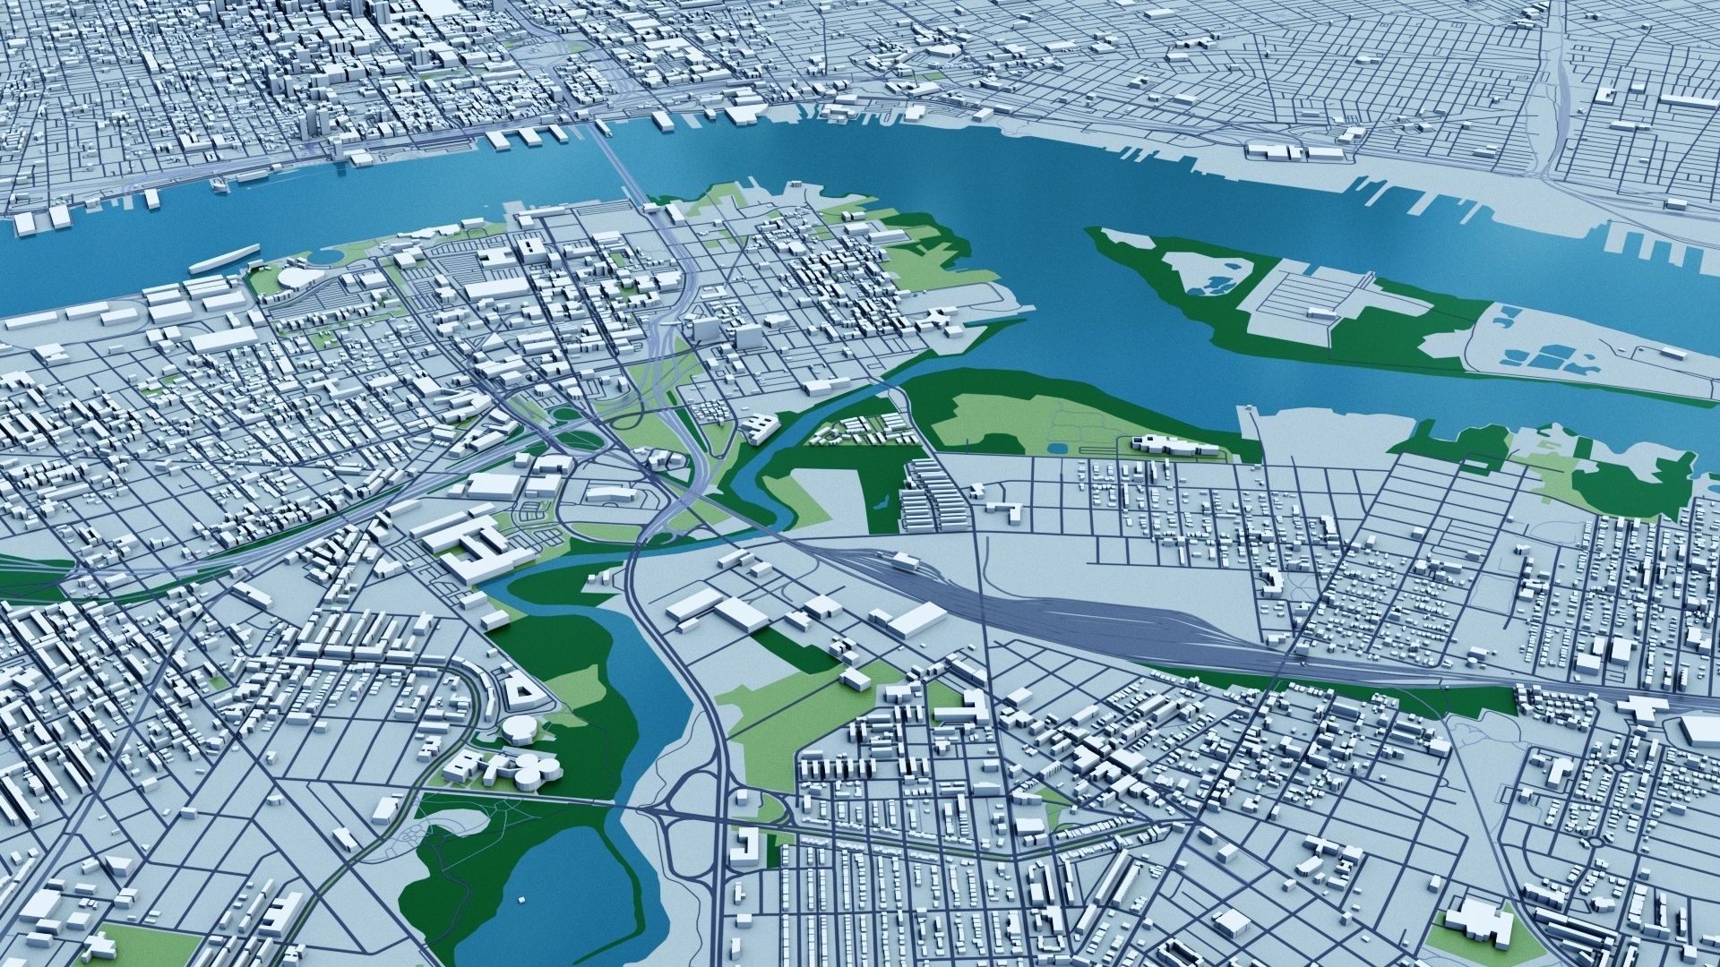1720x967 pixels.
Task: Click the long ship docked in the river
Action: [224, 258]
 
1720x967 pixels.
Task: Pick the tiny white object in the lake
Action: [520, 898]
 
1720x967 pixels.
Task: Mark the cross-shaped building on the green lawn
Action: [101, 945]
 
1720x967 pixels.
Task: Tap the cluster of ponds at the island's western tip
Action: [1205, 285]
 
